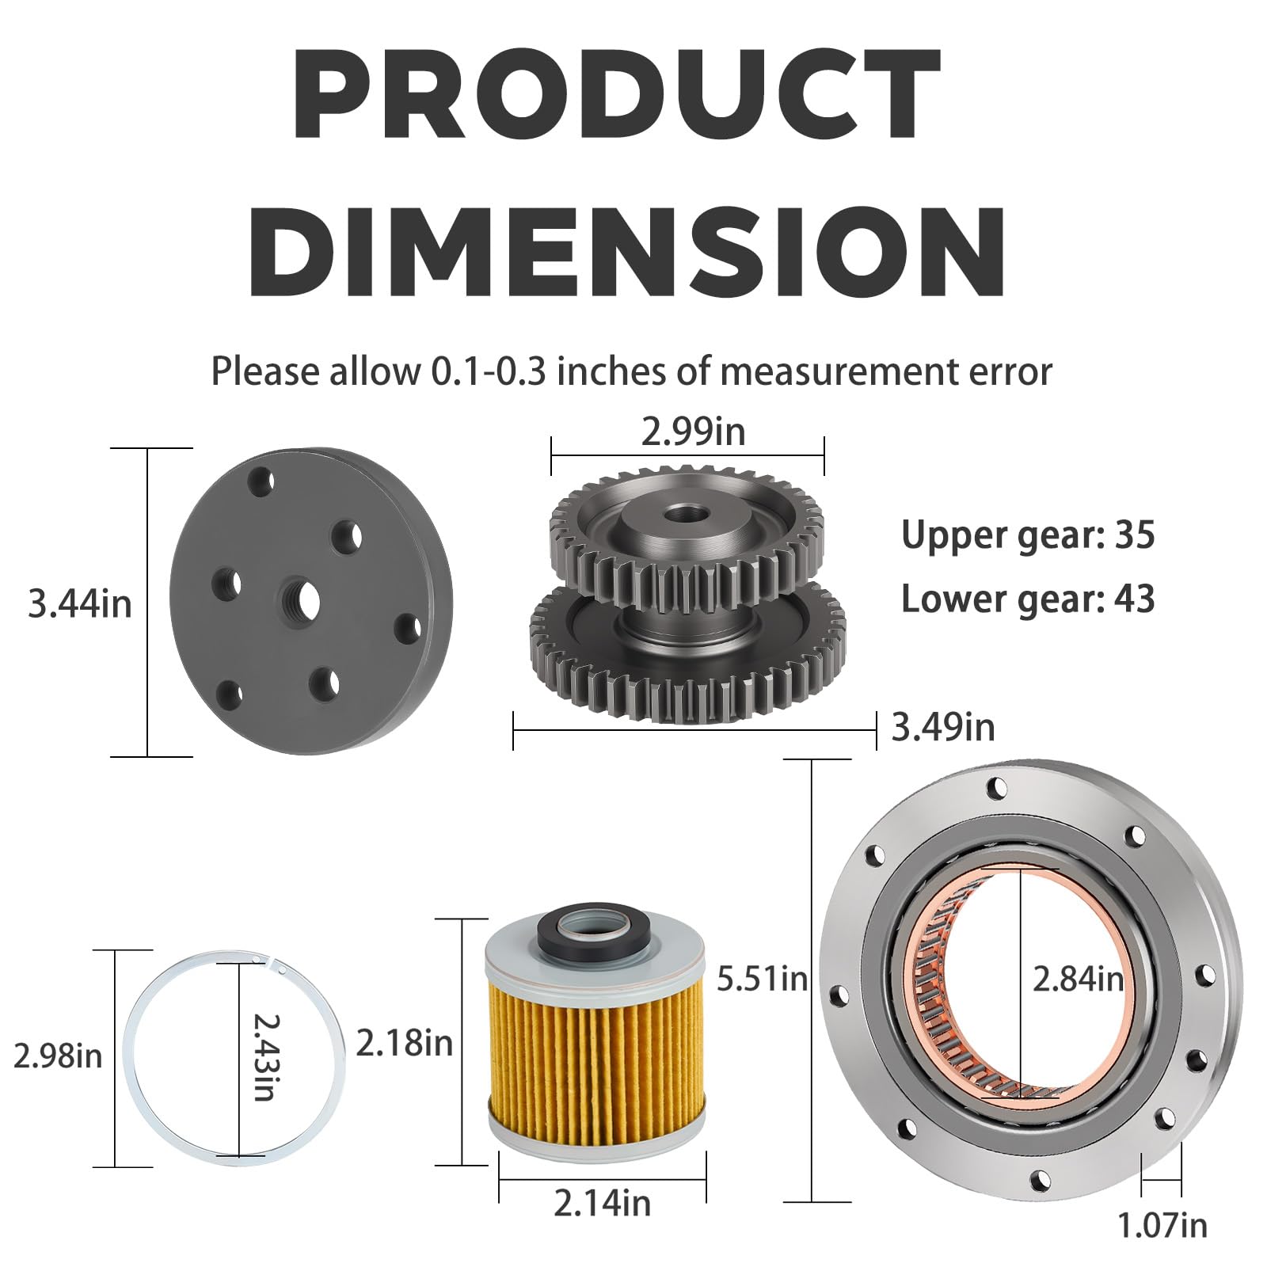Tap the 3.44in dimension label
[79, 604]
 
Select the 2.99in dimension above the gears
[693, 432]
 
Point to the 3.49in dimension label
[943, 727]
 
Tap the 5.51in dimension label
[762, 980]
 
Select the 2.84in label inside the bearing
[1078, 980]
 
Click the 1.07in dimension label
[1162, 1226]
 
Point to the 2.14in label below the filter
[602, 1204]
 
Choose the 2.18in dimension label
[404, 1044]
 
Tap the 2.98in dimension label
[58, 1056]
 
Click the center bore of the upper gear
[679, 516]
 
